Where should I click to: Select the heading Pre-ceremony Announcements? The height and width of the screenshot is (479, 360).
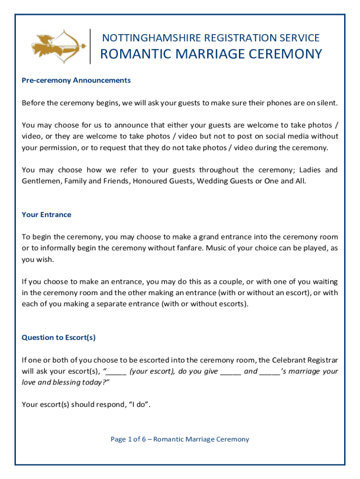point(76,80)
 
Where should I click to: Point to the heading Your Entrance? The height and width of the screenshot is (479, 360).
point(46,215)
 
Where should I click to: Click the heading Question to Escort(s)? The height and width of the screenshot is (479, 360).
point(58,337)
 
